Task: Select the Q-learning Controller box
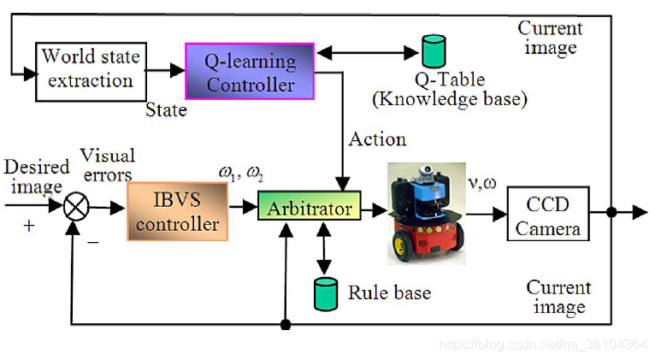pos(250,71)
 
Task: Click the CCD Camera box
pos(548,215)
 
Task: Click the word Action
pos(377,139)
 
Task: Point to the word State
pos(166,110)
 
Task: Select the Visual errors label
pos(107,165)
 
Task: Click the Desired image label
pos(32,176)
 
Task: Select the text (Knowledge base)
pos(449,99)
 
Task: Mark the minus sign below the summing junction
pos(93,241)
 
